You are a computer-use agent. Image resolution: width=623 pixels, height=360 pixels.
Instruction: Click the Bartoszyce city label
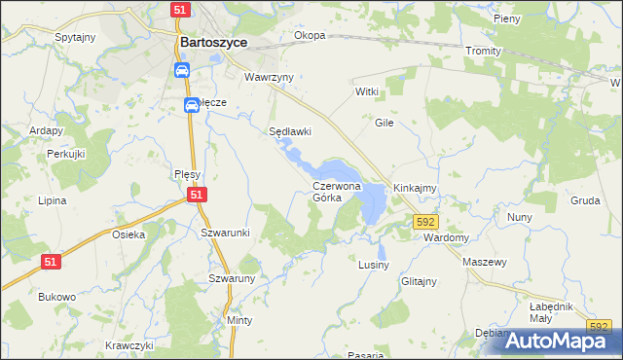pos(214,43)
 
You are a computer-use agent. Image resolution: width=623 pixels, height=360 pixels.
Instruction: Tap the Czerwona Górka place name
pos(337,191)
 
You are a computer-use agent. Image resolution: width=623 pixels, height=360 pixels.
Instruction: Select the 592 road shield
pos(424,223)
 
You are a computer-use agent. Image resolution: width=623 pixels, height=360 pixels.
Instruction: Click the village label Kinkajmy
pos(415,187)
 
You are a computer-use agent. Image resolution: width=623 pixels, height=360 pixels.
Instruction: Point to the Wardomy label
pos(448,237)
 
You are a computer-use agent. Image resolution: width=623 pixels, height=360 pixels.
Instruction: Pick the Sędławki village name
pos(290,131)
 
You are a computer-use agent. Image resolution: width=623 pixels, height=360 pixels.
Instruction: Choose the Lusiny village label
pos(374,265)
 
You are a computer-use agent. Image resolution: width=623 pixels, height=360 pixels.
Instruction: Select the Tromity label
pos(483,51)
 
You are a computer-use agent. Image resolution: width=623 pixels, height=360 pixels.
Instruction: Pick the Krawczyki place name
pos(129,345)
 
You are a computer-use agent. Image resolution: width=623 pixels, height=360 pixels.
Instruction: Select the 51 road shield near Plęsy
pos(197,196)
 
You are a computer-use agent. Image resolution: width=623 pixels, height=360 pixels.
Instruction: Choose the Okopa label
pos(310,36)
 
